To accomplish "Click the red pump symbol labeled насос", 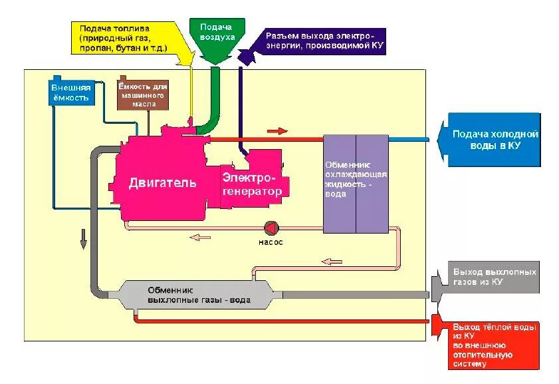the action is point(271,228).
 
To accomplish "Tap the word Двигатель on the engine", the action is point(162,182).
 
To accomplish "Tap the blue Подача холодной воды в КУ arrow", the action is point(492,140).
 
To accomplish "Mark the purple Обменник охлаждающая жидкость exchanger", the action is point(356,184).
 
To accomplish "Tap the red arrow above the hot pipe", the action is point(277,131).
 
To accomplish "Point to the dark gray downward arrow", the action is point(84,239).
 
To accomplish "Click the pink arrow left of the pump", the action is point(200,237).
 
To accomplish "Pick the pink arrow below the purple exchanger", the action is point(332,262).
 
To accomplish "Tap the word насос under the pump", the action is point(271,242).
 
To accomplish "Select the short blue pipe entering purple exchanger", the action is point(409,140).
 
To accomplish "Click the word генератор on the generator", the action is point(253,191).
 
